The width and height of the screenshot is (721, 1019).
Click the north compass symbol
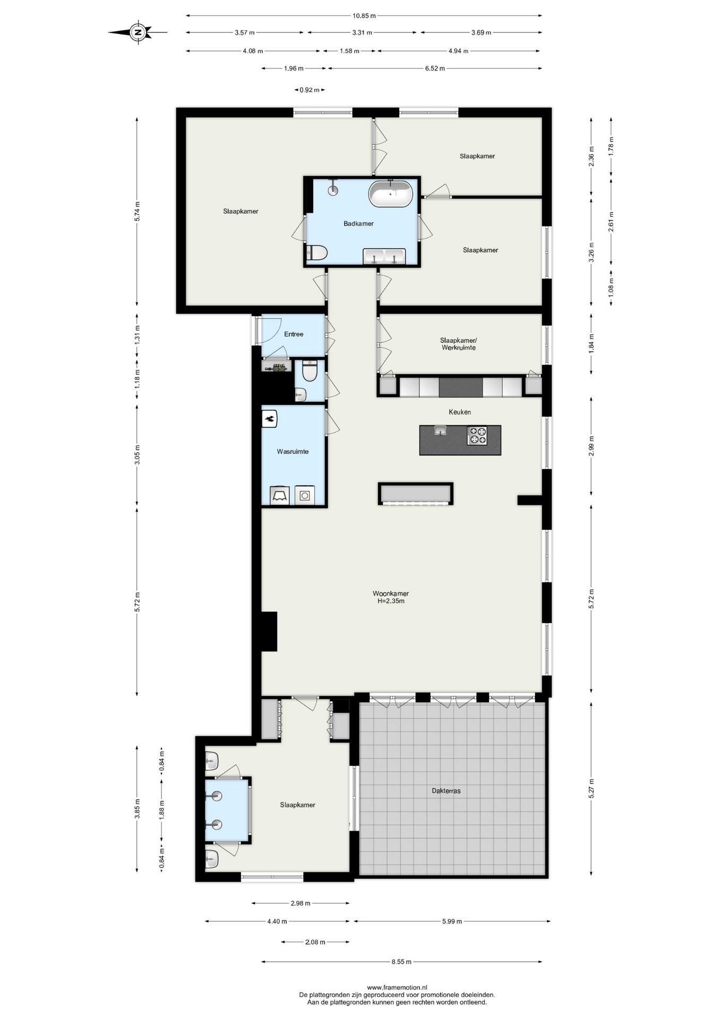click(x=138, y=32)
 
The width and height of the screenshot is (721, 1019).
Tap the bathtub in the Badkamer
click(x=391, y=194)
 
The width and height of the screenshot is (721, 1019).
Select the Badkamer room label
click(x=358, y=223)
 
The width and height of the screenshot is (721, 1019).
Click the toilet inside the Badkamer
click(x=317, y=253)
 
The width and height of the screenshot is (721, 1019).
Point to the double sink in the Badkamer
click(x=384, y=256)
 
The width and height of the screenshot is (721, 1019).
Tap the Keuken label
click(x=460, y=412)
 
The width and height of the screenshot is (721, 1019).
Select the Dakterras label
click(x=446, y=790)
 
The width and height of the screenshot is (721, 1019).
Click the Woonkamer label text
click(x=391, y=593)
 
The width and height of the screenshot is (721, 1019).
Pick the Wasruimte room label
click(x=293, y=452)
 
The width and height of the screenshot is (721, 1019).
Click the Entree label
click(x=294, y=334)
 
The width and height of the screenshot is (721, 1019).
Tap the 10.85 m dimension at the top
click(x=364, y=16)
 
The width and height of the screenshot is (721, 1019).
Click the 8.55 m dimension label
click(x=401, y=961)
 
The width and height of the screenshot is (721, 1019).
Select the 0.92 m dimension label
click(x=310, y=90)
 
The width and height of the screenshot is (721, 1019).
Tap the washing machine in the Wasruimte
click(x=305, y=495)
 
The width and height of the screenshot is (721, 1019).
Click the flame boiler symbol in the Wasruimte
click(x=270, y=419)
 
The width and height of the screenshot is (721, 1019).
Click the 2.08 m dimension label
click(x=315, y=942)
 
